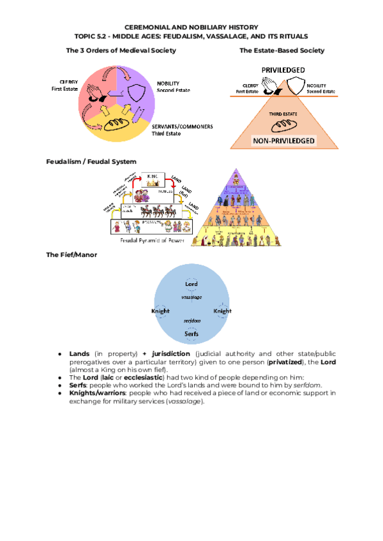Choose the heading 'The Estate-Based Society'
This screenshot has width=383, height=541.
[282, 50]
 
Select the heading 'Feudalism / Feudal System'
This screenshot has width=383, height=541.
[91, 162]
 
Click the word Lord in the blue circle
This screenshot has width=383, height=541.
[191, 284]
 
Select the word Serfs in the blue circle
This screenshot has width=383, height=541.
[191, 333]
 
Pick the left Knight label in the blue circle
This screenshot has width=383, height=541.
[160, 311]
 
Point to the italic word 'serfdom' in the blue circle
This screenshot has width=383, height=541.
[191, 322]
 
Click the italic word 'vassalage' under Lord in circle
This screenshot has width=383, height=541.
[191, 297]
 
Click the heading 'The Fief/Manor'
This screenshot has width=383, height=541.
[70, 255]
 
